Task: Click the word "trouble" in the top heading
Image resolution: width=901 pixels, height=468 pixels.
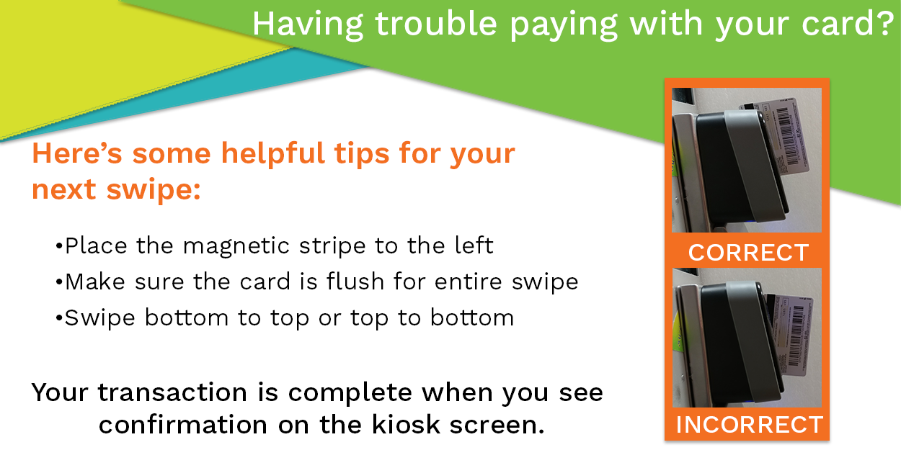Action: tap(436, 24)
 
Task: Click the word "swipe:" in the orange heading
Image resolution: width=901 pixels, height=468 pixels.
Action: tap(154, 189)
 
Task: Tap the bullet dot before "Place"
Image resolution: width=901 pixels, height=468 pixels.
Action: tap(59, 246)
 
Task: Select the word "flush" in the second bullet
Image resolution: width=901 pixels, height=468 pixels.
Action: tap(355, 281)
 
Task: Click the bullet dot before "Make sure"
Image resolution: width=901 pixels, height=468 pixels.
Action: tap(59, 282)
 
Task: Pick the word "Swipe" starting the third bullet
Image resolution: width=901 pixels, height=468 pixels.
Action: tap(99, 318)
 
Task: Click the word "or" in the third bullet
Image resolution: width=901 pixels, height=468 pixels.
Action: tap(329, 319)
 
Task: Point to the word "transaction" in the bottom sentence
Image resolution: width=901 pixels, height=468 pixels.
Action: tap(172, 392)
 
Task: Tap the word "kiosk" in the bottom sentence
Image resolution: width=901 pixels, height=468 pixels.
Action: tap(406, 425)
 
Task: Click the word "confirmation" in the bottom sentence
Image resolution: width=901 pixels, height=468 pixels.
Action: tap(183, 425)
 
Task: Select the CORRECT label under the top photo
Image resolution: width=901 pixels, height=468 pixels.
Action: tap(748, 253)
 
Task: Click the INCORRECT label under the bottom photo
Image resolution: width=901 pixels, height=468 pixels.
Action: tap(749, 425)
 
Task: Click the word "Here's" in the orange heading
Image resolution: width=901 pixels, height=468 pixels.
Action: tap(77, 153)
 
